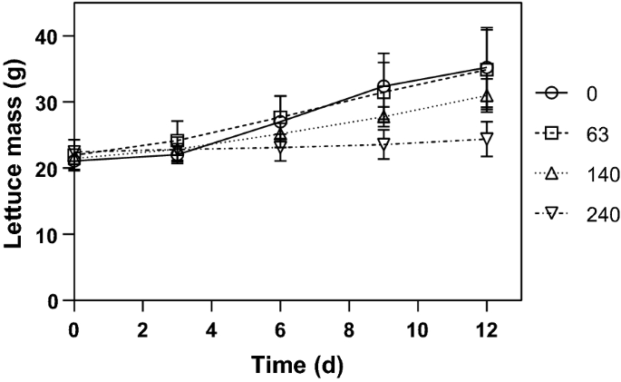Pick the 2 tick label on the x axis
coord(142,328)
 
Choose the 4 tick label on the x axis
coord(211,328)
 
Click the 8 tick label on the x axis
coord(349,328)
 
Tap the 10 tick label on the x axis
coord(418,328)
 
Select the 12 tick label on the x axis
coord(487,328)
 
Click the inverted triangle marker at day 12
coord(487,139)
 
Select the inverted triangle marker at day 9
coord(383,144)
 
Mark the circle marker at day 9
coord(383,87)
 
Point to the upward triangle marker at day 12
coord(487,96)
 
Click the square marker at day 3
coord(177,141)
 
